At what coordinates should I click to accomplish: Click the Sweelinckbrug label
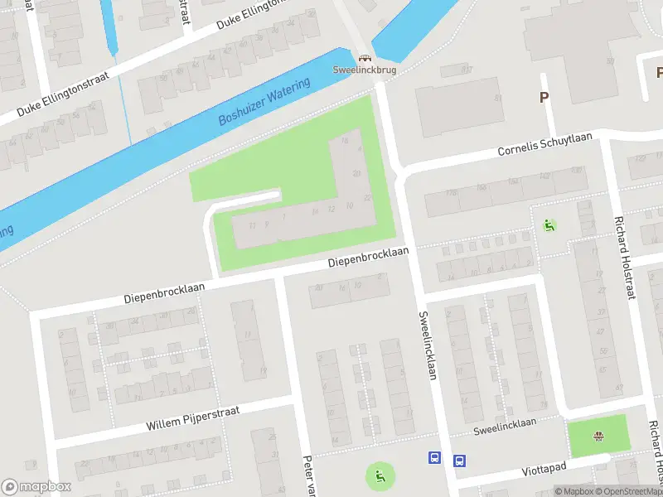(365, 70)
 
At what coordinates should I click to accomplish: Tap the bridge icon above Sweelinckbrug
(365, 59)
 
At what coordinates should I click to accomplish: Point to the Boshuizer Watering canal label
(264, 103)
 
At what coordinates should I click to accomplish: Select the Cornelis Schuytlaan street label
(544, 146)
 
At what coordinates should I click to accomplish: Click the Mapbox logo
(36, 487)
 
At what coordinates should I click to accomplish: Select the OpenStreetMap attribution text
(627, 491)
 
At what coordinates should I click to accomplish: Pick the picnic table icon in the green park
(598, 437)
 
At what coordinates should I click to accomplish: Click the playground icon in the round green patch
(380, 475)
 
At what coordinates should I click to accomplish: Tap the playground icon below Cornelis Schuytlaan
(548, 224)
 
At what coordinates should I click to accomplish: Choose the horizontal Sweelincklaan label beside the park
(505, 423)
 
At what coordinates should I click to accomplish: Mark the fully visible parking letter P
(544, 98)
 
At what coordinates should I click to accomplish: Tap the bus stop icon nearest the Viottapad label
(458, 460)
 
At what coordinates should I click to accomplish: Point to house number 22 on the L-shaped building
(367, 198)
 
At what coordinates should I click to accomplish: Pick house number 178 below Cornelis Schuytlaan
(452, 194)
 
